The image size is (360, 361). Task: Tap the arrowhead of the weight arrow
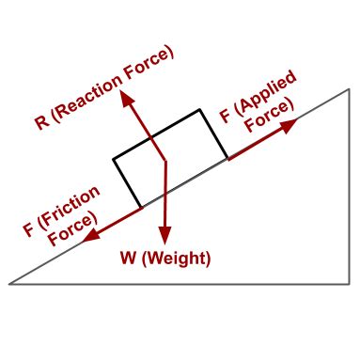click(164, 241)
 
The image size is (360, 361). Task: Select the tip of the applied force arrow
click(295, 122)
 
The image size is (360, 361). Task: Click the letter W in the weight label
click(131, 259)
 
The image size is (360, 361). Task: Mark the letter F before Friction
click(29, 228)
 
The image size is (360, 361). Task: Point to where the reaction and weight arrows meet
click(165, 163)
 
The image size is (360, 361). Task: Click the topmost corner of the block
click(199, 110)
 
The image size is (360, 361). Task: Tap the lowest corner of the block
click(141, 208)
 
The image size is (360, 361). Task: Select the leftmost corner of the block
click(114, 159)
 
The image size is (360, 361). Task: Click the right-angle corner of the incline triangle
click(350, 283)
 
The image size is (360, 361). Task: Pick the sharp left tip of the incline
click(9, 283)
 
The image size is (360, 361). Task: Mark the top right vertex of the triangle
click(350, 88)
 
